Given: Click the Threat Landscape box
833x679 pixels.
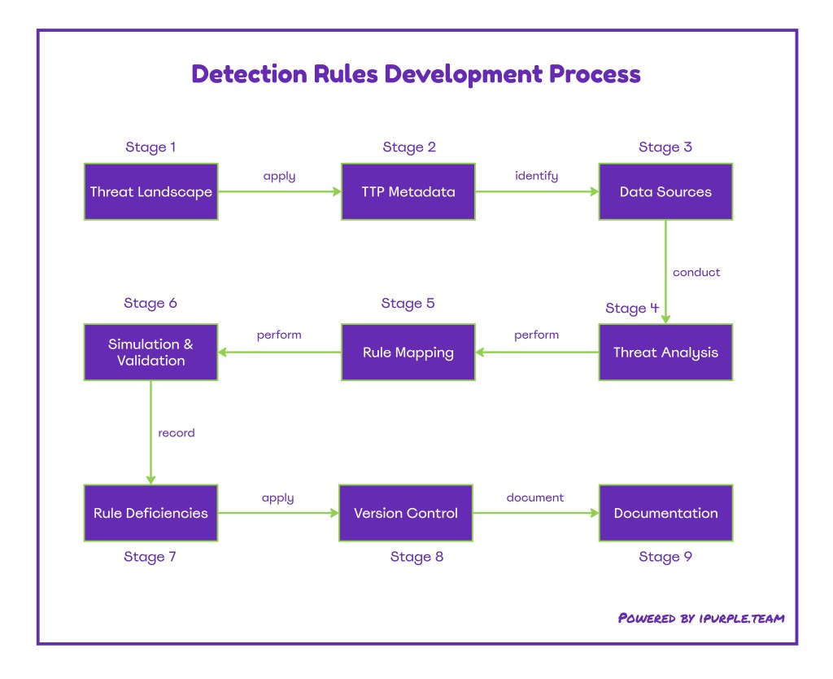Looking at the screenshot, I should point(150,192).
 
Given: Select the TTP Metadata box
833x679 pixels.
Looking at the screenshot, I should point(408,192).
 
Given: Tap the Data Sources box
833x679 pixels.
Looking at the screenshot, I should point(665,192).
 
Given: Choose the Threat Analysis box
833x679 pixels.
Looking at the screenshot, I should point(665,353).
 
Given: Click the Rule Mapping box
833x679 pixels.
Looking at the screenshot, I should point(408,353).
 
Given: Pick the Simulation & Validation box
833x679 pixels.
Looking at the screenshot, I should point(150,353).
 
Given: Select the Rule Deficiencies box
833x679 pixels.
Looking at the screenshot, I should point(150,513).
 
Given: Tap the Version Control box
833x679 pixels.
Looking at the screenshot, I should point(405,513).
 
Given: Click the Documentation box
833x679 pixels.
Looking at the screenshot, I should point(665,513).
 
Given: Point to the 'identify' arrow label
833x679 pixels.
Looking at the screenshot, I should point(536,176).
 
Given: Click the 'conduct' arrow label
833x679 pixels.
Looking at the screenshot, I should point(696,272).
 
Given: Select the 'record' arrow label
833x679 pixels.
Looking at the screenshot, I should point(177,433).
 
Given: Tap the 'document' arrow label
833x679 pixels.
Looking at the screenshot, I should point(534,497).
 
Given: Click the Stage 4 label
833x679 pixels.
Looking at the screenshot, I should point(632,309).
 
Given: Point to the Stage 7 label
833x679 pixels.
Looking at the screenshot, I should point(150,557).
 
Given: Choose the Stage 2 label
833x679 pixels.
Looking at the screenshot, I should point(409,147).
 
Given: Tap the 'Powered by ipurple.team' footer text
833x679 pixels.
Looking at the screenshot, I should point(701,618).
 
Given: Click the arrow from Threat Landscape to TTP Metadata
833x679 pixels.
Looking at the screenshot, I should point(279,192).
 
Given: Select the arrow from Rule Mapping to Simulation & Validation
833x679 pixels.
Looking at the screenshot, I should point(279,353).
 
